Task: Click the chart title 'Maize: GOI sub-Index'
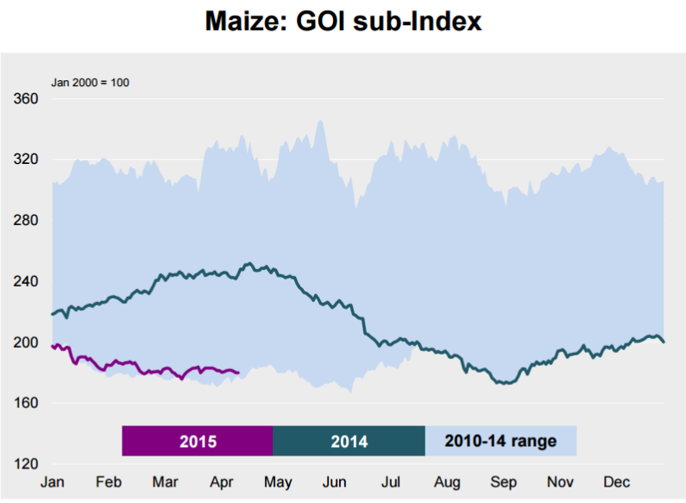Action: [x=343, y=21]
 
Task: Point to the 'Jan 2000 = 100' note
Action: [x=91, y=83]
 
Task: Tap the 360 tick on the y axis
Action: [x=27, y=99]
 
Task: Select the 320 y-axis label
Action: [x=27, y=160]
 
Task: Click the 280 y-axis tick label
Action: [x=27, y=221]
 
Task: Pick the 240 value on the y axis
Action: [x=27, y=281]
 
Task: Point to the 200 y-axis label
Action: [x=27, y=343]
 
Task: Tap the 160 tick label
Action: [x=27, y=403]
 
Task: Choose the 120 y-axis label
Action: [x=27, y=464]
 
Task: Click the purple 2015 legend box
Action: [x=198, y=441]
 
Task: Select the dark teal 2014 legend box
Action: [x=349, y=441]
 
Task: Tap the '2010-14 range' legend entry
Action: [x=500, y=441]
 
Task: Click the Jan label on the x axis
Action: [x=53, y=481]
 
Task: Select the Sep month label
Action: [x=504, y=481]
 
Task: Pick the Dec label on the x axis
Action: [x=617, y=481]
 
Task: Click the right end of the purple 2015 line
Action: [x=238, y=373]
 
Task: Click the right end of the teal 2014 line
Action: [x=664, y=343]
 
